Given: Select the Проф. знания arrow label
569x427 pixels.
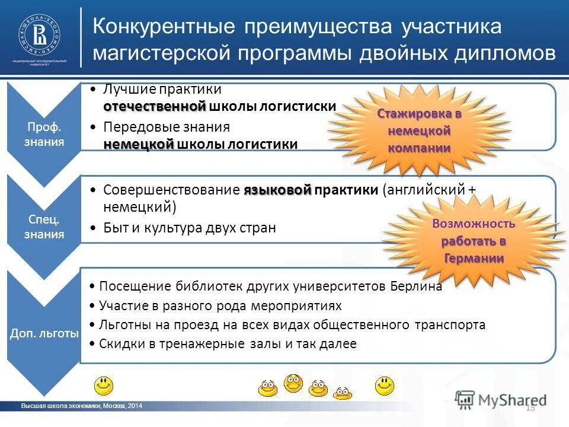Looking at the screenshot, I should click(44, 135).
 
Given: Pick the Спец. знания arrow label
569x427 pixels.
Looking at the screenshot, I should click(44, 227).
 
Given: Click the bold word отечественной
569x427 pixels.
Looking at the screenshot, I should click(154, 106).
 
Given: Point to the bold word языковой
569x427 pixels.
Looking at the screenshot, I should click(277, 190).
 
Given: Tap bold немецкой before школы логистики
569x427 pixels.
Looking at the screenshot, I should click(139, 144).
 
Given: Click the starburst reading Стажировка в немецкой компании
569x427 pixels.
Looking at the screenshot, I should click(420, 130).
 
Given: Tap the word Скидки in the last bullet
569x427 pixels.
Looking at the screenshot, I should click(117, 343).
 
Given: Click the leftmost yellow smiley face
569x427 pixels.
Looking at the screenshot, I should click(105, 385).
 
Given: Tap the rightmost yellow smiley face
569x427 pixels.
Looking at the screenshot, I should click(384, 385).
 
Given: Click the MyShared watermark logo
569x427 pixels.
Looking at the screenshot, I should click(501, 399).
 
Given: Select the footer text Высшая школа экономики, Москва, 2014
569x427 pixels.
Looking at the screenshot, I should click(82, 406).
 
